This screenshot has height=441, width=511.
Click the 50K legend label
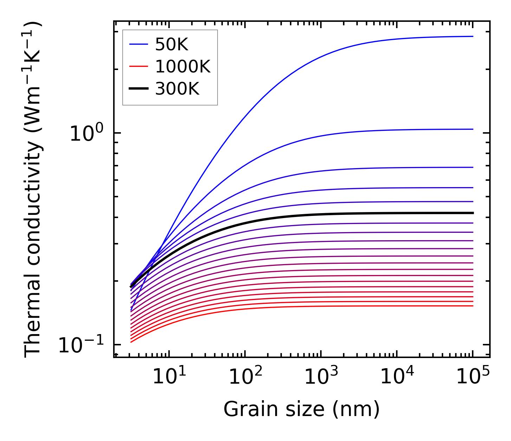(x=172, y=45)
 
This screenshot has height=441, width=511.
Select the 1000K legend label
(x=183, y=66)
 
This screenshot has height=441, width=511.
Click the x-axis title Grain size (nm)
(x=302, y=409)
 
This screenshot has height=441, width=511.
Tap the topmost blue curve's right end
(x=472, y=36)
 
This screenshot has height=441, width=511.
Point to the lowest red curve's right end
(x=472, y=306)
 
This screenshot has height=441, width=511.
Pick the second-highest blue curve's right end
(x=472, y=129)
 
